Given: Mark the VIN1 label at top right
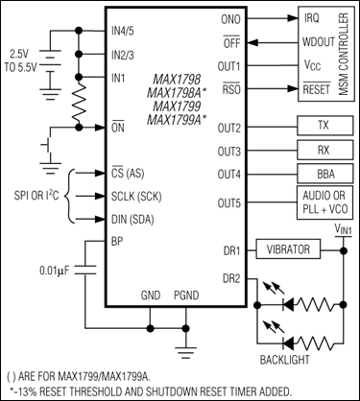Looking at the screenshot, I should (341, 228).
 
